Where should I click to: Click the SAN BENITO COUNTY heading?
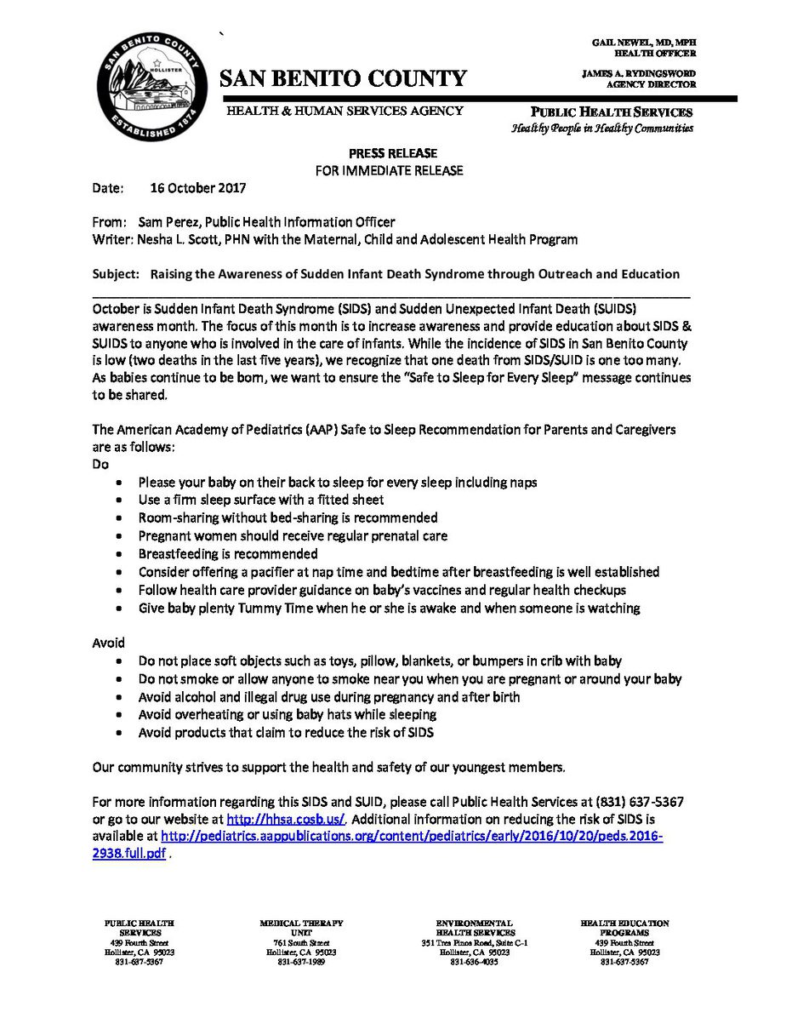(x=344, y=79)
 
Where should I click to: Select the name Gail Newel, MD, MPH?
(x=643, y=42)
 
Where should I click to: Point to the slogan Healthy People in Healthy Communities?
(x=601, y=129)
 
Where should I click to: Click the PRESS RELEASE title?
(x=392, y=153)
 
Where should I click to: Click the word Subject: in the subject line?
(x=115, y=274)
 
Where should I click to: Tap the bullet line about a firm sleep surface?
(x=261, y=500)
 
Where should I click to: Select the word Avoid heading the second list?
(x=108, y=643)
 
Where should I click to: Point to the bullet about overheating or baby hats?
(x=288, y=714)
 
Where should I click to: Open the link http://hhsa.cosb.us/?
(x=285, y=819)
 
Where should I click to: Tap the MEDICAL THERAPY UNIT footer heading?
(x=301, y=928)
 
